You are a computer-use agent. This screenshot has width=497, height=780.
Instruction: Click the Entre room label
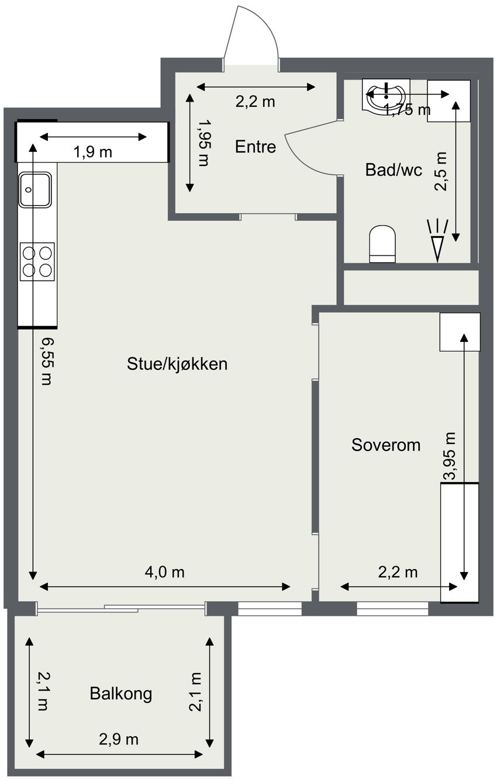pos(255,147)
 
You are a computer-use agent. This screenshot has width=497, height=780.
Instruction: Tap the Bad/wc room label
pos(394,170)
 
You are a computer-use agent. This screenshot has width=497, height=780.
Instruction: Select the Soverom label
pos(386,445)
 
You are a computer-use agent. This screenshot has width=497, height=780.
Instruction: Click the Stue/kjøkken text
pos(177,365)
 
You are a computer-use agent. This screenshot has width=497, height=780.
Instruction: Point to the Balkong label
pos(121,694)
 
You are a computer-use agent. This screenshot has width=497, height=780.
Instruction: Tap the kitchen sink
pos(36,189)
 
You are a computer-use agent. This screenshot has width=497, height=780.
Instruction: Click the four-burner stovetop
pos(37,261)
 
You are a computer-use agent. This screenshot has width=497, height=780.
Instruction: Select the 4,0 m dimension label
pos(164,572)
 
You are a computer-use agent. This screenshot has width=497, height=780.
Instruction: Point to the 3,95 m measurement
pos(450,456)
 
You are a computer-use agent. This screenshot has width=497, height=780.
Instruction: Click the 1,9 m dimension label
pos(92,152)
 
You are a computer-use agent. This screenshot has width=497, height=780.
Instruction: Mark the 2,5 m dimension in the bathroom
pos(441,172)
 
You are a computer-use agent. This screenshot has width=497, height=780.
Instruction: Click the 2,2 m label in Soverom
pos(398,572)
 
